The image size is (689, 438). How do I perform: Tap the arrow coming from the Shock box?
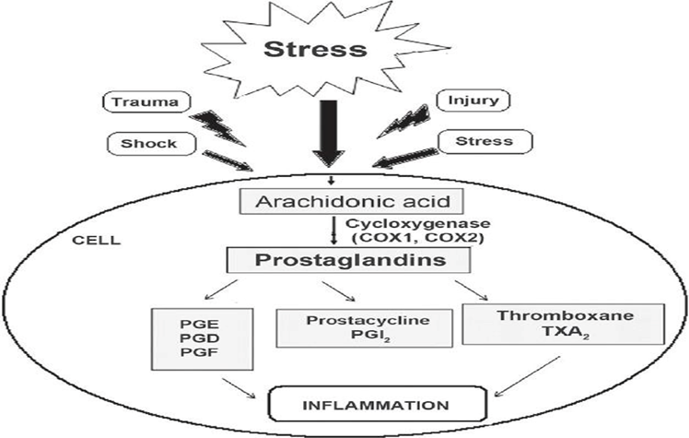coord(244,162)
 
